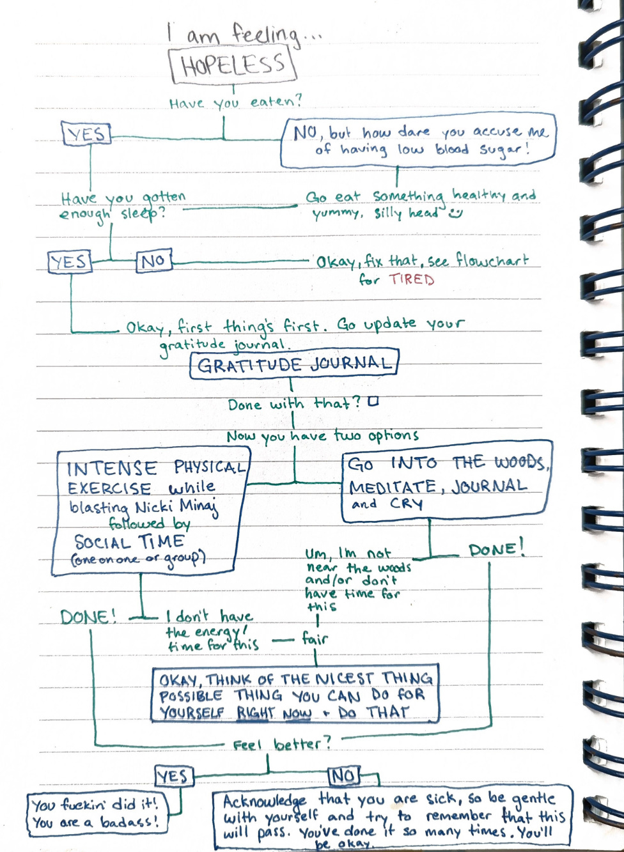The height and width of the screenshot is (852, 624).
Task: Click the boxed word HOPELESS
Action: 232,65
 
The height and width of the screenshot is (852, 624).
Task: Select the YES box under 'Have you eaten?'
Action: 86,134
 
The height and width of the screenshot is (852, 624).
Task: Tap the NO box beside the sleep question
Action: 153,261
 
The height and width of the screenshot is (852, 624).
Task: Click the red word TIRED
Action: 412,279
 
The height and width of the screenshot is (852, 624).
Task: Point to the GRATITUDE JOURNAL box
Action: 294,364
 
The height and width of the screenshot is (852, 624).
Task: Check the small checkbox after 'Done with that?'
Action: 373,401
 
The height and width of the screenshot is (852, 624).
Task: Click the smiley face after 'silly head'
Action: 455,213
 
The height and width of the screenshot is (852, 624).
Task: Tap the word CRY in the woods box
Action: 407,504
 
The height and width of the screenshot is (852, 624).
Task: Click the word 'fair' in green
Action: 315,638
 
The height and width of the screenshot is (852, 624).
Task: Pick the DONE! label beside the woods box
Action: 496,549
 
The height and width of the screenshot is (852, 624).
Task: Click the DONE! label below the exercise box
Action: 88,617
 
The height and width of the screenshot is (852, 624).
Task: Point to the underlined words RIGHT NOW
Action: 274,713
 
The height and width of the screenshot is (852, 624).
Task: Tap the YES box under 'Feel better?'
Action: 173,776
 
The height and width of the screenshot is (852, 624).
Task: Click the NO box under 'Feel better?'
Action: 343,776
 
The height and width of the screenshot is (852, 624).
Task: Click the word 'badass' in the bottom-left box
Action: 127,822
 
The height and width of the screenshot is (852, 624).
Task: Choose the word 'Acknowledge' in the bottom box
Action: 264,802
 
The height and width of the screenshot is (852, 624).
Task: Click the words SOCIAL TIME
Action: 130,542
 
